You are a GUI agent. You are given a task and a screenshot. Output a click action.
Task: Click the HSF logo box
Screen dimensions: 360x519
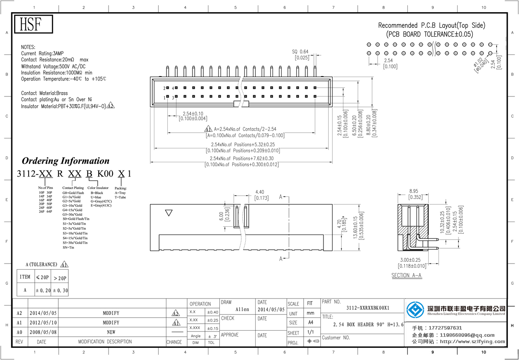click(x=33, y=25)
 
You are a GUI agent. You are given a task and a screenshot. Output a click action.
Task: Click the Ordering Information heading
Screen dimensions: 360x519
click(x=65, y=161)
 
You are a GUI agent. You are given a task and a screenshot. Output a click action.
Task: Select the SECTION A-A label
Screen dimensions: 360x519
click(x=406, y=275)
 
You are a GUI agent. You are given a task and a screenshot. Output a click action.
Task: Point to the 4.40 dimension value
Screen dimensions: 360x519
click(x=260, y=192)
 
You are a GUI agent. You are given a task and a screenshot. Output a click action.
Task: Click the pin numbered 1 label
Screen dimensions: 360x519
click(x=165, y=97)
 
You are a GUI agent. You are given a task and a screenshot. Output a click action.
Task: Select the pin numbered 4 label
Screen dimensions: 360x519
click(x=173, y=88)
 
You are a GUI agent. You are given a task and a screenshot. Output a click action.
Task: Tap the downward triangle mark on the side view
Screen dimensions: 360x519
click(x=170, y=212)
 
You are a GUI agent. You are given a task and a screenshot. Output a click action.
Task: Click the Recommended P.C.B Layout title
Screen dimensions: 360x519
click(x=431, y=26)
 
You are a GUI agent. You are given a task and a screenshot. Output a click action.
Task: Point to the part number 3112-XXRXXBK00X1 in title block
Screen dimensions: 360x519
click(x=368, y=308)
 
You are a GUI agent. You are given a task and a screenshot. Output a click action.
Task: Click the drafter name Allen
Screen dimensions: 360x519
click(x=242, y=309)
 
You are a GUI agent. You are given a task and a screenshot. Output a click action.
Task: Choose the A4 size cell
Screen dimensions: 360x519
click(x=310, y=322)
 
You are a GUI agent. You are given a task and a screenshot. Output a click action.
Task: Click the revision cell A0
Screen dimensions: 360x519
click(x=19, y=332)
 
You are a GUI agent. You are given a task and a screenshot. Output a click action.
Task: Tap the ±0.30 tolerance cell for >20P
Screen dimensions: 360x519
click(x=60, y=290)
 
